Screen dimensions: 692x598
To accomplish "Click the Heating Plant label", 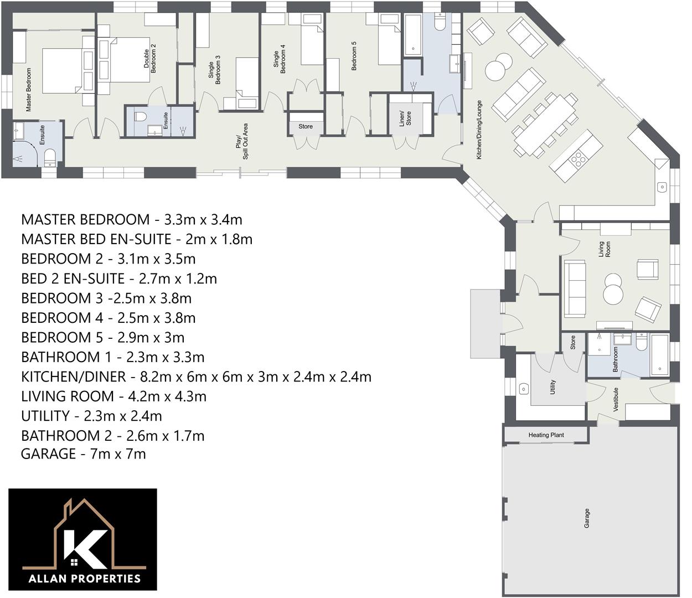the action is click(x=546, y=435).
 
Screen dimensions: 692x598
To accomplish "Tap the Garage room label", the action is click(x=587, y=518).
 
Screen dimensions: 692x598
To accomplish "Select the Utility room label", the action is click(x=552, y=387).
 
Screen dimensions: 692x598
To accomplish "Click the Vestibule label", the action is click(x=616, y=399).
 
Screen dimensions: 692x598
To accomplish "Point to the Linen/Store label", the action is click(x=405, y=118).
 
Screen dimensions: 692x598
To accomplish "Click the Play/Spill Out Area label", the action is click(x=242, y=142).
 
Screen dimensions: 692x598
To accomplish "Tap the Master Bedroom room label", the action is click(x=29, y=90).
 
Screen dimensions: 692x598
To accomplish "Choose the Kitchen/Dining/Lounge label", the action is click(x=479, y=130).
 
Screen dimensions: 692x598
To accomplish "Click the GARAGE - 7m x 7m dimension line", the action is click(x=83, y=454).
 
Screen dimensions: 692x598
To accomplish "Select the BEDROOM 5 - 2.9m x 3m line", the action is click(x=102, y=338).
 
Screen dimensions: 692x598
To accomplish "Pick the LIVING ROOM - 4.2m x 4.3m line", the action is click(x=113, y=396).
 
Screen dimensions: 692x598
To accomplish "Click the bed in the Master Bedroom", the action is click(x=62, y=70).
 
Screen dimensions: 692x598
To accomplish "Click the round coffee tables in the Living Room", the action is click(x=613, y=288).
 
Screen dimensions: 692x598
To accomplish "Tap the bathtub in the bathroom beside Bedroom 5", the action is click(x=413, y=34).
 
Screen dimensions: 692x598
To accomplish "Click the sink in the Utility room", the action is click(x=524, y=389).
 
